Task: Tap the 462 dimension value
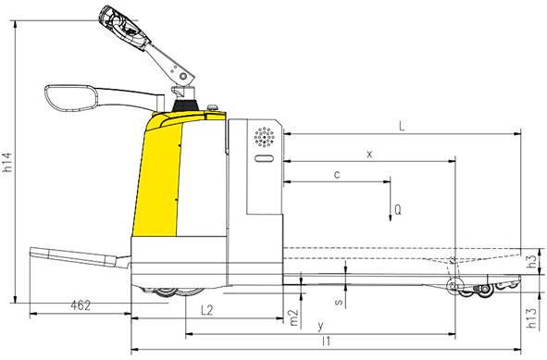coord(81,304)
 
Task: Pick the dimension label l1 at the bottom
coord(325,342)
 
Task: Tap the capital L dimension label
coord(400,125)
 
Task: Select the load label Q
coord(397,209)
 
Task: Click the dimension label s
coord(340,301)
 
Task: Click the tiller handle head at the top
coord(125,26)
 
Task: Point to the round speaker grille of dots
coord(266,138)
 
